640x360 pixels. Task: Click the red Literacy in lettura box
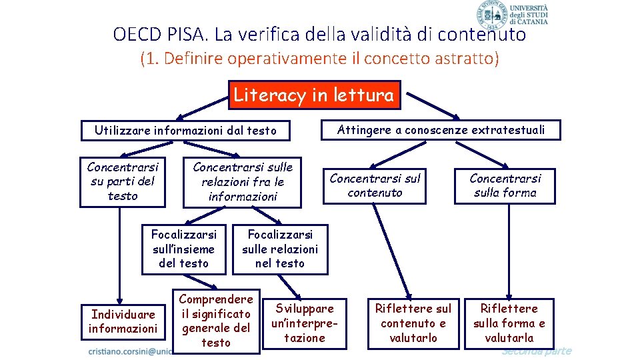click(x=313, y=95)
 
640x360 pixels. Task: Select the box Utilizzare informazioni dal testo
click(x=185, y=131)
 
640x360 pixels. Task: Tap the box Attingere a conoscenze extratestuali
click(x=441, y=130)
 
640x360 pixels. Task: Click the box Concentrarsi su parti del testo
click(x=122, y=181)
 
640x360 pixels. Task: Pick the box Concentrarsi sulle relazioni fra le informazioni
click(x=242, y=182)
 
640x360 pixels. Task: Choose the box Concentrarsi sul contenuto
click(x=375, y=185)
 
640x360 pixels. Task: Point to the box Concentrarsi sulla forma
click(x=505, y=185)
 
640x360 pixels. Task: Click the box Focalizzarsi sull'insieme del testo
click(x=183, y=249)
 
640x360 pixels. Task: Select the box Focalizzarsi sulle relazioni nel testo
click(x=280, y=249)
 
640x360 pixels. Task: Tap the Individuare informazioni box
click(x=123, y=321)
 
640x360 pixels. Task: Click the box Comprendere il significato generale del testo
click(x=216, y=321)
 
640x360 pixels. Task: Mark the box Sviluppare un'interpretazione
click(x=305, y=323)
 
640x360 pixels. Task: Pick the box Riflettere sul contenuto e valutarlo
click(x=413, y=323)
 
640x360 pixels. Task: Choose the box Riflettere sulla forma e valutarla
click(x=509, y=323)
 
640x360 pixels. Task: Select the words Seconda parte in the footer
click(x=536, y=351)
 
